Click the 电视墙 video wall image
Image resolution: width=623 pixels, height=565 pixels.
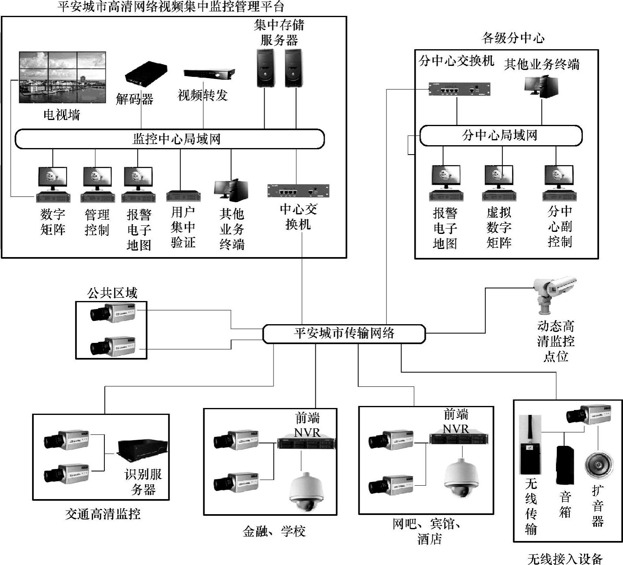tap(63, 77)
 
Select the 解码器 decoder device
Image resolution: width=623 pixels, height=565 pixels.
tap(146, 74)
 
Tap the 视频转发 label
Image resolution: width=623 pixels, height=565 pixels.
tap(202, 96)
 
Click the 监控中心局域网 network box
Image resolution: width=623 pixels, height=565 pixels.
tap(169, 139)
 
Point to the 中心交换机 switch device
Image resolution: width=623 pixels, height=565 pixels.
tap(298, 190)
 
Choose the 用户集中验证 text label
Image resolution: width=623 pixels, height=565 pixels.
tap(183, 227)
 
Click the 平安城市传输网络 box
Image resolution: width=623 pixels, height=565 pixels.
tap(344, 334)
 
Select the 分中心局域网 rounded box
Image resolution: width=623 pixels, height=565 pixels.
tap(501, 135)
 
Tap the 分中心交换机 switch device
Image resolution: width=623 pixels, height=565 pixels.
tap(459, 89)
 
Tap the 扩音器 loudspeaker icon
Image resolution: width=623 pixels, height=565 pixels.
tap(599, 464)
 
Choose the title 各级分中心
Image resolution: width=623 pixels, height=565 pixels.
tap(513, 38)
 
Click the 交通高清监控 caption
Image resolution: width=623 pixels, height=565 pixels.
tap(103, 514)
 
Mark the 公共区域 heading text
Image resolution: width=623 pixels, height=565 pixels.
tap(112, 293)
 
